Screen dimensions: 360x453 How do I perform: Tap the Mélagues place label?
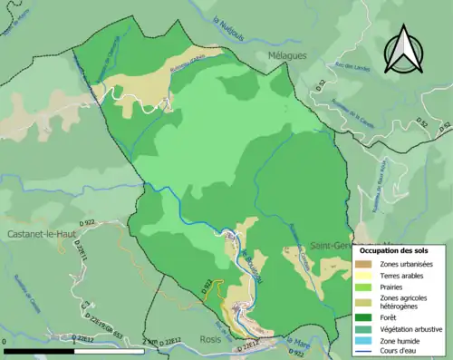click(287, 55)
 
